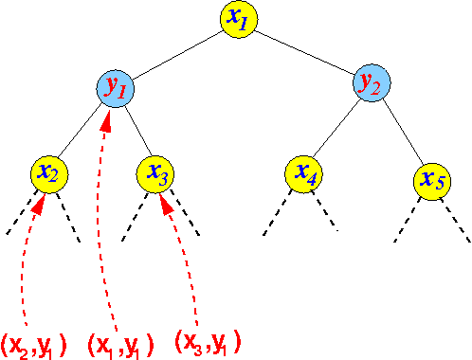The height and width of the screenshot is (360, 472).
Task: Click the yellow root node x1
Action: [x=237, y=19]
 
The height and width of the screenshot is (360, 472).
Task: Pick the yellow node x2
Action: [x=47, y=171]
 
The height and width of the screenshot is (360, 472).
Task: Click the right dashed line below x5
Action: [x=457, y=220]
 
